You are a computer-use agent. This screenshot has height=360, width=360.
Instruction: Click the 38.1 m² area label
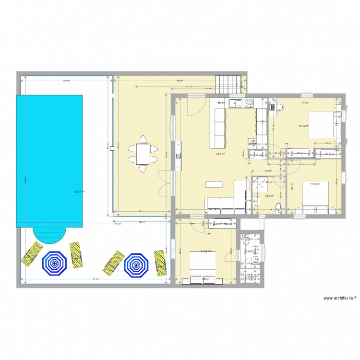pyautogui.click(x=221, y=154)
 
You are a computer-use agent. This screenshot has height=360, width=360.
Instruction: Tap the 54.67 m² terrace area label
pyautogui.click(x=79, y=192)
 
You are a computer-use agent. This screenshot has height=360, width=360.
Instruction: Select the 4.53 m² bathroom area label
pyautogui.click(x=269, y=195)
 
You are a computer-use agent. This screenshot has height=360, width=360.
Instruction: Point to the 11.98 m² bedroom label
pyautogui.click(x=315, y=184)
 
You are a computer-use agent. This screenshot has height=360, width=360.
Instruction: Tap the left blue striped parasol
pyautogui.click(x=54, y=263)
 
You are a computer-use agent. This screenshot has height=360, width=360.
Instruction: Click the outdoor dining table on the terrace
pyautogui.click(x=143, y=154)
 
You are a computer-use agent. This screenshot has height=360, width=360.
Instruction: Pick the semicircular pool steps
pyautogui.click(x=49, y=235)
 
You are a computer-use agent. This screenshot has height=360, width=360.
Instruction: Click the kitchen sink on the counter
pyautogui.click(x=237, y=102)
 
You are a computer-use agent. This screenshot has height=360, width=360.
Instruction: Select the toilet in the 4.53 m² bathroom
pyautogui.click(x=278, y=207)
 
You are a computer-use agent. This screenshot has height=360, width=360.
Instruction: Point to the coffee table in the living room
pyautogui.click(x=215, y=184)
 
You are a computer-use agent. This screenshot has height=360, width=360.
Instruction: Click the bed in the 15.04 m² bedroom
pyautogui.click(x=320, y=124)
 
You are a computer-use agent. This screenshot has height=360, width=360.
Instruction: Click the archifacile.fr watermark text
pyautogui.click(x=340, y=298)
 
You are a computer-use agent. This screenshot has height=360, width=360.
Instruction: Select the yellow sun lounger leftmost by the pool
pyautogui.click(x=32, y=253)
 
